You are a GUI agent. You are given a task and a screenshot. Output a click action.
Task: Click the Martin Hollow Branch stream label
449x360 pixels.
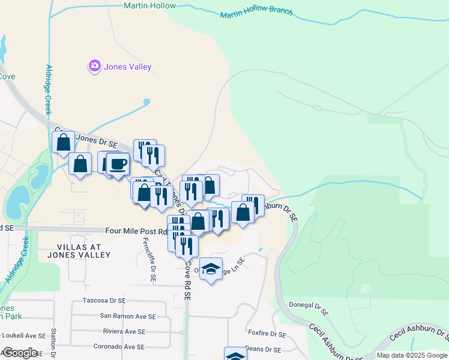click(256, 13)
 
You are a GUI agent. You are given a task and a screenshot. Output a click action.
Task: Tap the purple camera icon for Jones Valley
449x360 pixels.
click(94, 67)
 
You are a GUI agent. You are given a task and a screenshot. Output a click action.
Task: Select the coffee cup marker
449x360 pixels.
click(118, 163)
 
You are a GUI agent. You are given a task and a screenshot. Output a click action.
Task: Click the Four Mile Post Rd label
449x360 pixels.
click(136, 231)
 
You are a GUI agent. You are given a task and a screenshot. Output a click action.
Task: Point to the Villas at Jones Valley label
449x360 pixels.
click(83, 251)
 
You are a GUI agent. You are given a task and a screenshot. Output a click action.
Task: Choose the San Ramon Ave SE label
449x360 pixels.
click(127, 316)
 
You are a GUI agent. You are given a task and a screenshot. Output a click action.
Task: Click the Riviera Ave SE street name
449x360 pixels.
click(124, 331)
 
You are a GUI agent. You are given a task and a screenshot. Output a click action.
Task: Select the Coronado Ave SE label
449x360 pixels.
click(119, 347)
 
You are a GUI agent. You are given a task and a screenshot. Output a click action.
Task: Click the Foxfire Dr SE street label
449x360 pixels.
click(267, 334)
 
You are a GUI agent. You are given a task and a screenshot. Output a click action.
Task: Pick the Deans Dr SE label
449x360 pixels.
click(265, 349)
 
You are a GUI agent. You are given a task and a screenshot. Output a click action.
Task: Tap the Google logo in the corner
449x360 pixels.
click(19, 353)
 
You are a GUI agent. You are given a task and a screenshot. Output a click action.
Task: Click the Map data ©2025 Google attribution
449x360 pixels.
click(411, 355)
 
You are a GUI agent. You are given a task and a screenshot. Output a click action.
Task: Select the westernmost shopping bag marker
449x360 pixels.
click(63, 143)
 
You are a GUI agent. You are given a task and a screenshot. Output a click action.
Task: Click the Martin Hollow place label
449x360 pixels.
click(149, 5)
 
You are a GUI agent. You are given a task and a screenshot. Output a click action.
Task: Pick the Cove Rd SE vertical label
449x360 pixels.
click(187, 280)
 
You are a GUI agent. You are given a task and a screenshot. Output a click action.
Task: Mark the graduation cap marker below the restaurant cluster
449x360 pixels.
click(211, 269)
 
